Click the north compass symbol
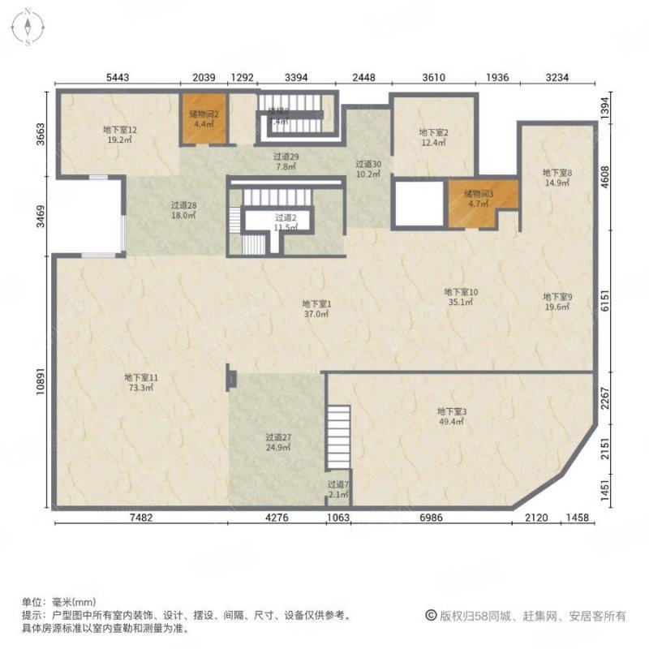click(x=28, y=26)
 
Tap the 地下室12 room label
click(x=119, y=129)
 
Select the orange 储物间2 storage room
click(x=202, y=119)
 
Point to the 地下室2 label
click(x=434, y=132)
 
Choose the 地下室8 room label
click(x=557, y=172)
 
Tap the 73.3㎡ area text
click(x=140, y=388)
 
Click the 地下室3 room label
click(x=452, y=411)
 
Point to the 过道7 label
click(x=338, y=484)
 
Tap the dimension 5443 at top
click(x=118, y=78)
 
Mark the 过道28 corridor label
click(x=184, y=205)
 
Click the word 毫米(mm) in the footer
click(x=74, y=602)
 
